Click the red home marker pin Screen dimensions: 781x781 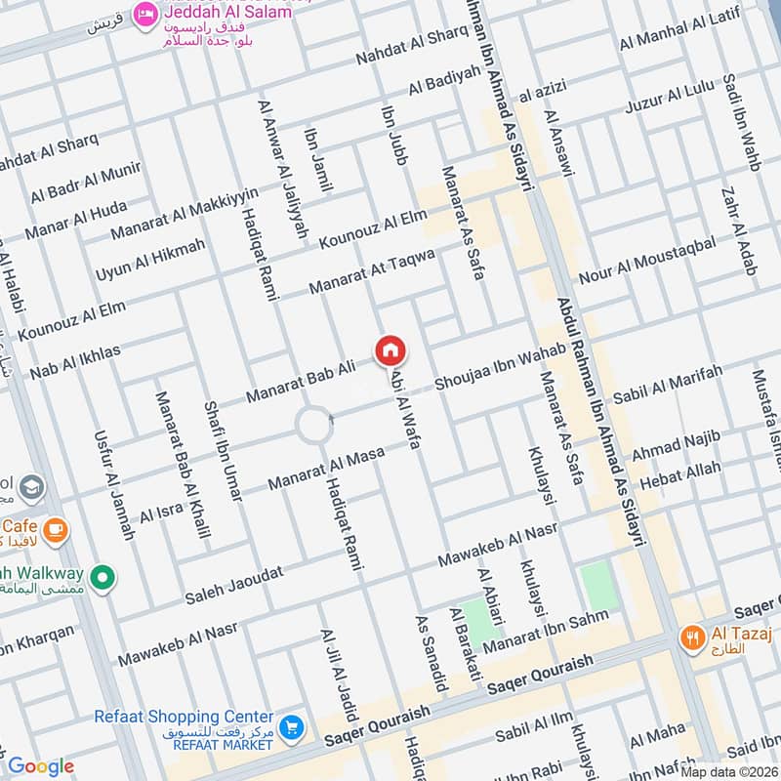click(390, 350)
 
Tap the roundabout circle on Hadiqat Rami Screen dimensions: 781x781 click(314, 426)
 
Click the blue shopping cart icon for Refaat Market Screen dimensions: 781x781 click(290, 727)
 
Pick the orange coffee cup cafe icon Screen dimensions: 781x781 click(55, 529)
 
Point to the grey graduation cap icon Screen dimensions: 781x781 click(32, 485)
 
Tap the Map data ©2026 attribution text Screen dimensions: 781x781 click(727, 771)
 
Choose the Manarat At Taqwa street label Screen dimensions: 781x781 click(371, 270)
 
